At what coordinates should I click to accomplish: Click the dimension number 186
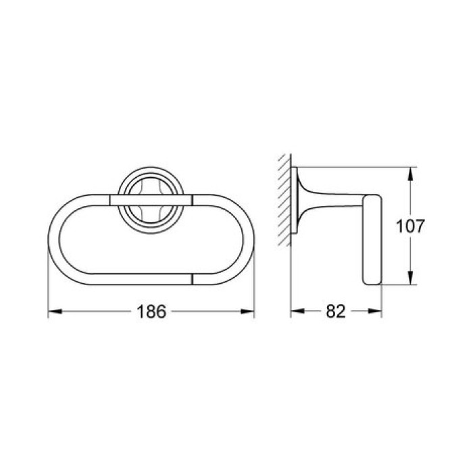point(150,312)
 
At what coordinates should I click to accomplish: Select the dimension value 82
point(335,312)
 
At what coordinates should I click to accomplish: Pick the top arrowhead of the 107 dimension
point(409,172)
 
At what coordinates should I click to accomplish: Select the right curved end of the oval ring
point(247,236)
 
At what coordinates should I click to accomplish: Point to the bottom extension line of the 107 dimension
point(399,285)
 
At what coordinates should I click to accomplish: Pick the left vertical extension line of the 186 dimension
point(48,284)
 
